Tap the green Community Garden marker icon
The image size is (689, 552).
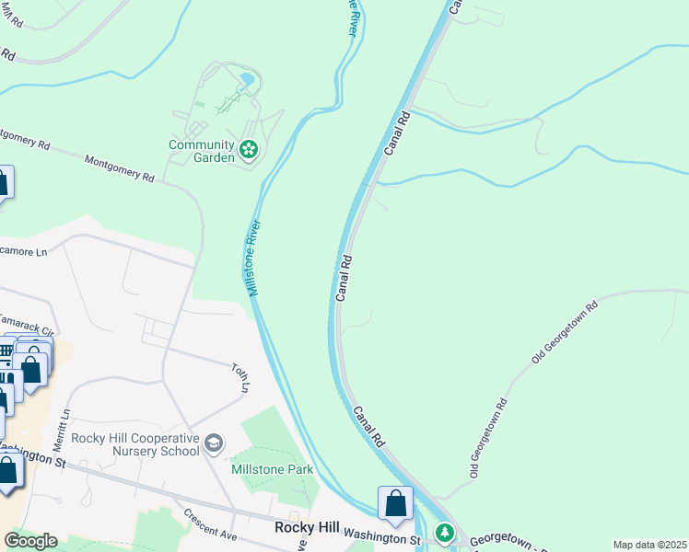coord(248,149)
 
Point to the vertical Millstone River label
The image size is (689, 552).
coord(253,258)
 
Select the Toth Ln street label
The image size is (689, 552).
coord(241,376)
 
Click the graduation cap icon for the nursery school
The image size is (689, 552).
coord(214,444)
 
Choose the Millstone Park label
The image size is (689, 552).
coord(272,469)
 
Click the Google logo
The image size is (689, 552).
coord(29,541)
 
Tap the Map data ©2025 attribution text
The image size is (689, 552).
coord(648,545)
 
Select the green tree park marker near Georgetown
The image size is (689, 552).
coord(445,532)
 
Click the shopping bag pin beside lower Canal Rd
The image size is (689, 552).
coord(396,504)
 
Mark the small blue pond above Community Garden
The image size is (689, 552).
coord(247,82)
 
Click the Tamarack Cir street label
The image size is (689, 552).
coord(28,323)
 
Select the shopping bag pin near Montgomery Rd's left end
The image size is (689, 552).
coord(3,182)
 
